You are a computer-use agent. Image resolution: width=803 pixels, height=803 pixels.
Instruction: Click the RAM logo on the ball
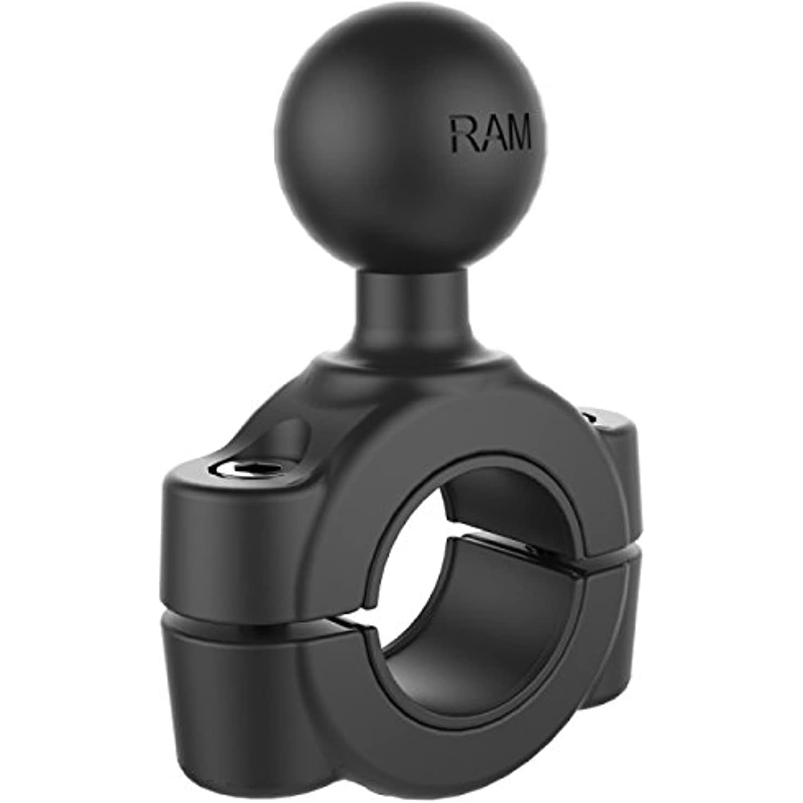(x=490, y=133)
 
